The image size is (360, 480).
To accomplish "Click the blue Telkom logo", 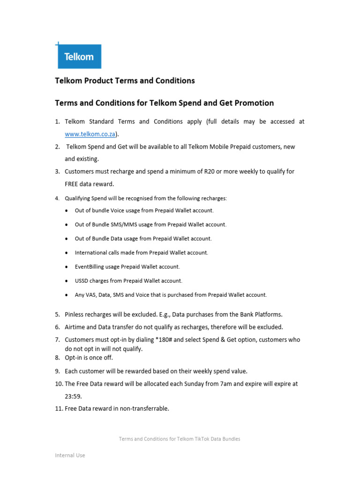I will pos(79,57).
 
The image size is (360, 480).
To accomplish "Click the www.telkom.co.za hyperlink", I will pos(90,134).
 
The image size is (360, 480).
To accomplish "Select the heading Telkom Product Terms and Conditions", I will pos(125,81).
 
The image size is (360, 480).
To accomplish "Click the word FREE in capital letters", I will pos(73,184).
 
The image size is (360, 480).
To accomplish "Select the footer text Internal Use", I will pos(70,455).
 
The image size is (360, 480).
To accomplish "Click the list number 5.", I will pos(57,315).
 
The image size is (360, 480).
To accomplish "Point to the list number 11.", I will pos(58,409).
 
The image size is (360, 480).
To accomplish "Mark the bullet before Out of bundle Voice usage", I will pos(67,211).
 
